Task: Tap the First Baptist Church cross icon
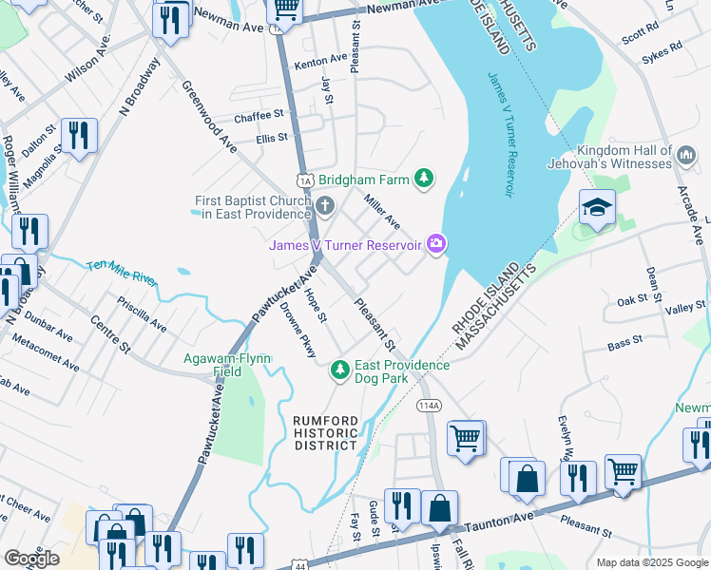[x=325, y=206]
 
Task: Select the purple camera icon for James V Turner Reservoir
[x=436, y=245]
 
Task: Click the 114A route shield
[x=429, y=405]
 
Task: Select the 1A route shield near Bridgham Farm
[x=304, y=180]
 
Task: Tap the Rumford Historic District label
[x=325, y=432]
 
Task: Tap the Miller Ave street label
[x=383, y=210]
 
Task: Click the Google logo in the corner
[x=31, y=559]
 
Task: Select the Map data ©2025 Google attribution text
[x=651, y=562]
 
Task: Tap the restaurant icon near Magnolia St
[x=79, y=135]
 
